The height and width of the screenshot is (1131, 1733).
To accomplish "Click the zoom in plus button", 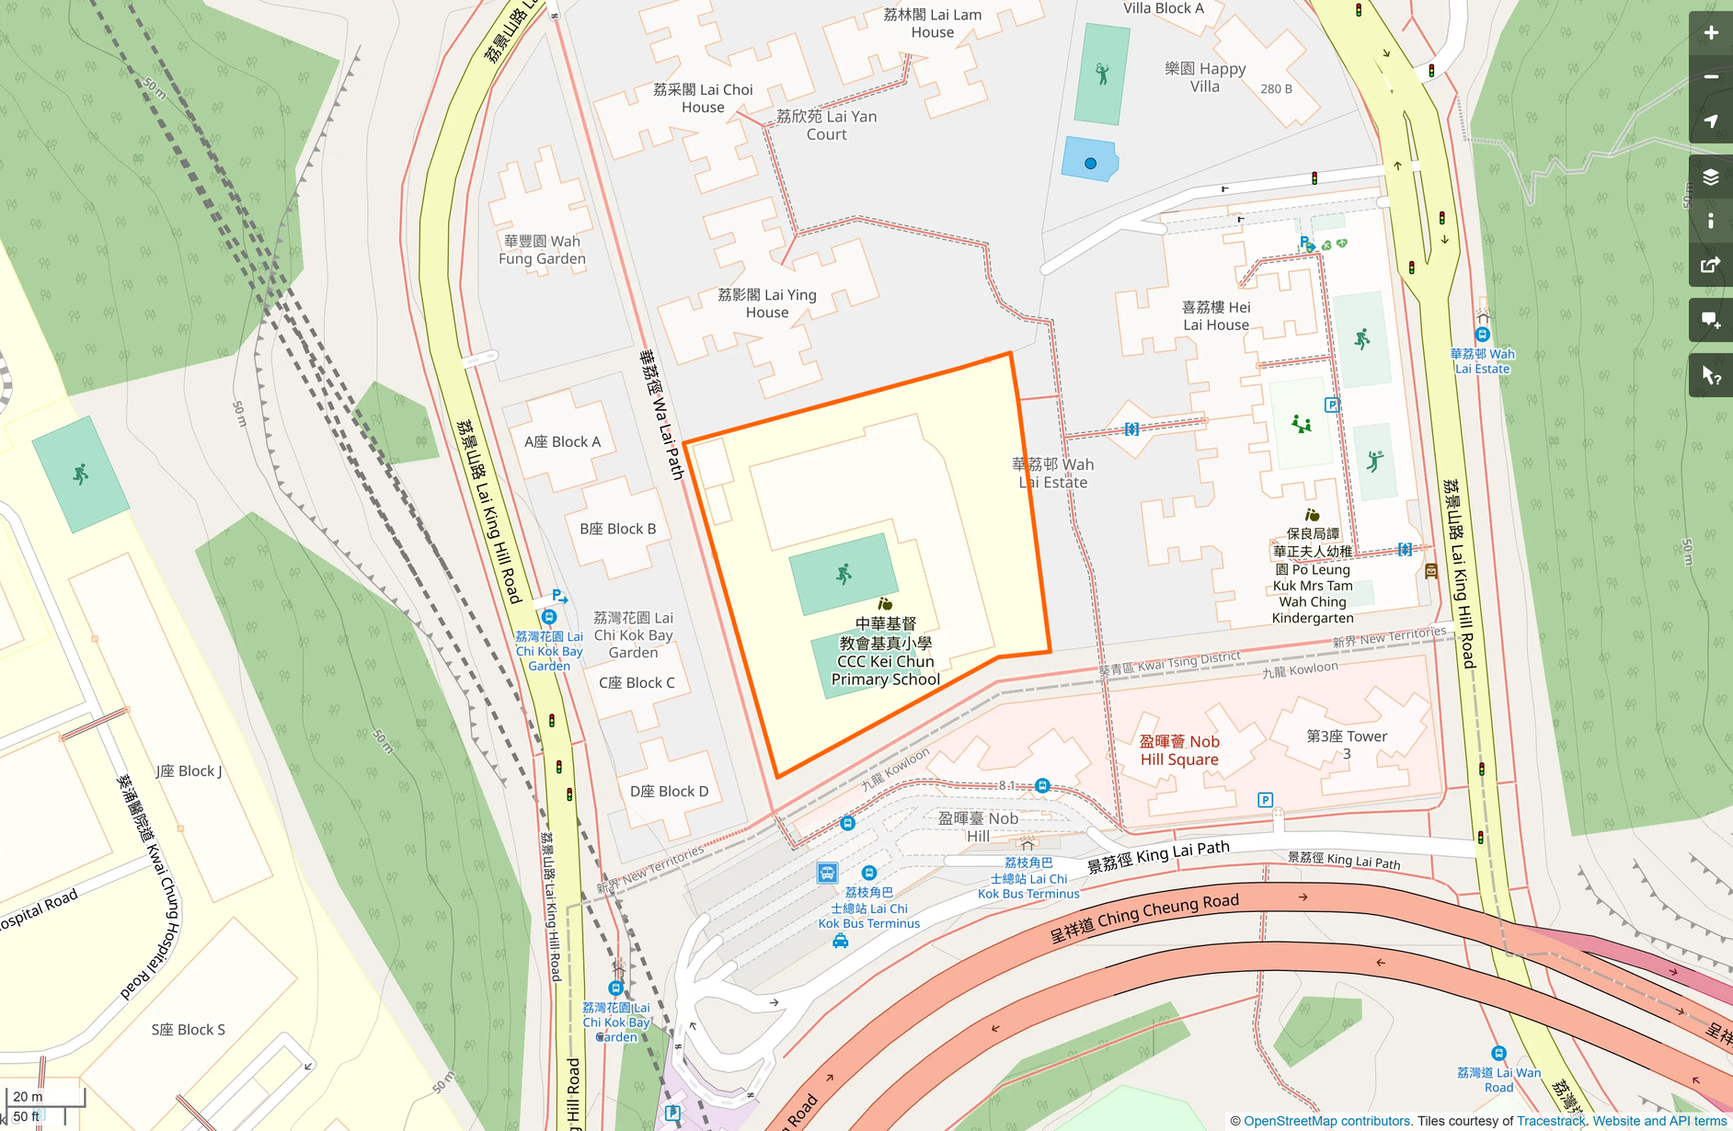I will click(x=1710, y=33).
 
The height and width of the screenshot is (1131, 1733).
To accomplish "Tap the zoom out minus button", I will click(x=1710, y=77).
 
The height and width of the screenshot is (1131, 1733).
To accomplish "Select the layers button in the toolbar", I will click(x=1710, y=177).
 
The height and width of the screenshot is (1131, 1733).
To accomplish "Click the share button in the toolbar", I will click(x=1710, y=266).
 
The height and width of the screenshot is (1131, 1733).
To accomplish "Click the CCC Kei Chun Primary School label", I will click(x=885, y=652).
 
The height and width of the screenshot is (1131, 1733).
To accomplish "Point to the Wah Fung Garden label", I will click(x=542, y=250).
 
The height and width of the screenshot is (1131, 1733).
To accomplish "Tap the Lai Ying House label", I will click(x=767, y=303).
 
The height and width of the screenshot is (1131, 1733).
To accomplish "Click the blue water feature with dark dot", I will click(x=1090, y=161).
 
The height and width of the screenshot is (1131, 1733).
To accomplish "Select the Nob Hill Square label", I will click(x=1179, y=750).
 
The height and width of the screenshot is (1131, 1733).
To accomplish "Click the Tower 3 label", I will click(x=1347, y=744).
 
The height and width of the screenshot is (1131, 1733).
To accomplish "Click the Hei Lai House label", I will click(x=1216, y=315).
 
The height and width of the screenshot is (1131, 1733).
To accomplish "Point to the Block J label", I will click(x=189, y=771).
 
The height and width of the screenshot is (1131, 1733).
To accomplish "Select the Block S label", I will click(x=189, y=1030).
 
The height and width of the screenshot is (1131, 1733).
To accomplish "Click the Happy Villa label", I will click(x=1205, y=77).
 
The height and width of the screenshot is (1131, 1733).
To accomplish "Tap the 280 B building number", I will click(x=1276, y=89).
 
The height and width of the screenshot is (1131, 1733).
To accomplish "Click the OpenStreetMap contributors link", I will click(x=1326, y=1121).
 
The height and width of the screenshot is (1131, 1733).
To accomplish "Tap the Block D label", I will click(x=669, y=792).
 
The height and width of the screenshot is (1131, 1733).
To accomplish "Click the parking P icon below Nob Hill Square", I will click(x=1265, y=800).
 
